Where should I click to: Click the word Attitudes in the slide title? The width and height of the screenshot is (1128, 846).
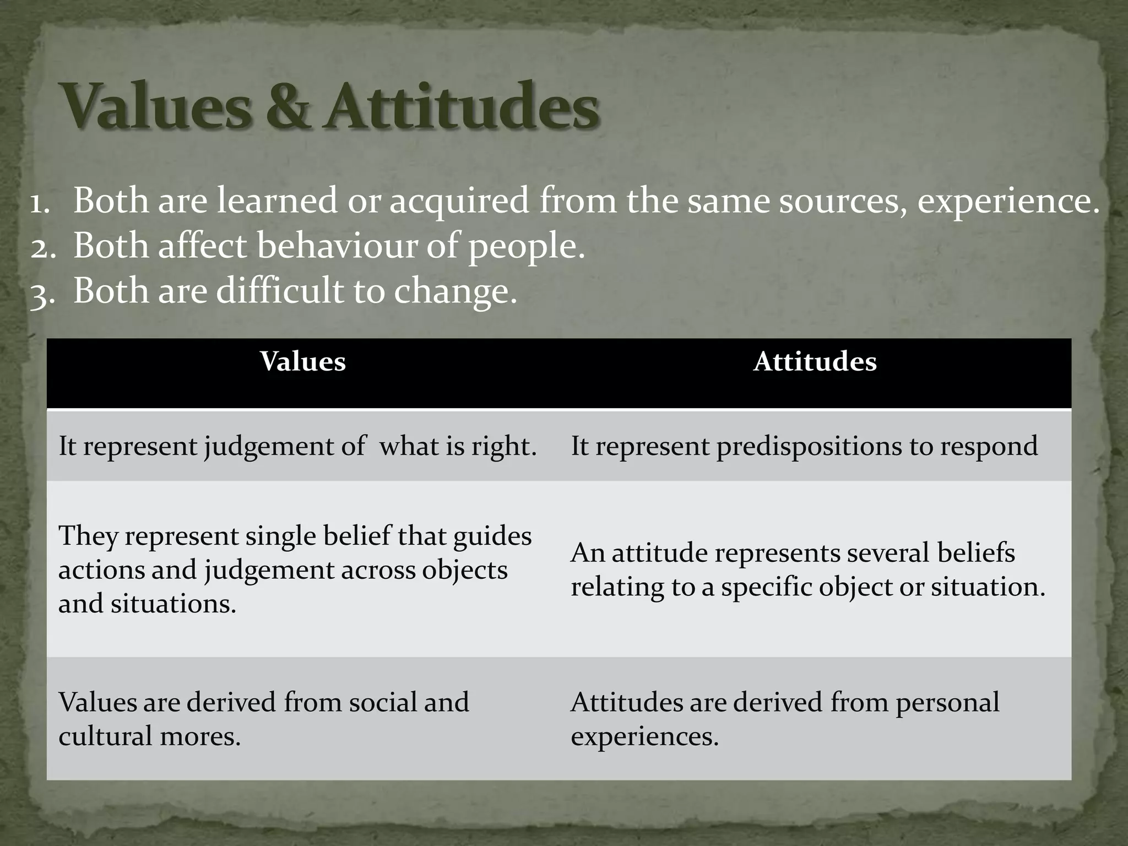pos(460,106)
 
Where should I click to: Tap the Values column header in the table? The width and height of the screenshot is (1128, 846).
pos(303,362)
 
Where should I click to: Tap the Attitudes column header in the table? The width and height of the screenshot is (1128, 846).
pos(815,362)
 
